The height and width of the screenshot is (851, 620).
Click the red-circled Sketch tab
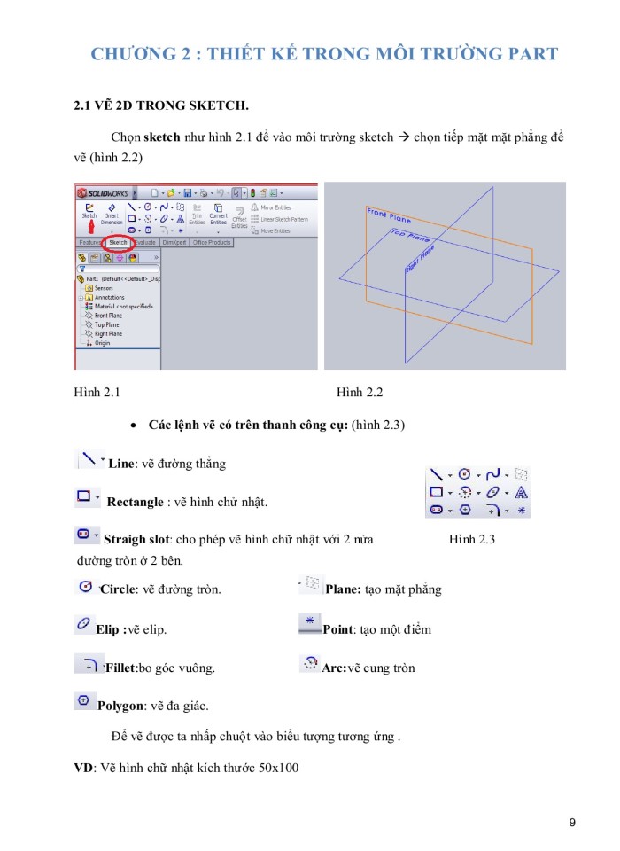pos(118,242)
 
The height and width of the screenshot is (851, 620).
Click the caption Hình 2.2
pos(360,392)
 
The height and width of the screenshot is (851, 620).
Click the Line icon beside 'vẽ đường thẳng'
pos(88,458)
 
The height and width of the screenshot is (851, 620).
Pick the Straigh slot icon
pos(84,535)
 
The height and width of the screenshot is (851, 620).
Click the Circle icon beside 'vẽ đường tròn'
pos(86,586)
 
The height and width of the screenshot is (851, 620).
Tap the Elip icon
pos(83,626)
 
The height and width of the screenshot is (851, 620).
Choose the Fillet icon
pos(87,664)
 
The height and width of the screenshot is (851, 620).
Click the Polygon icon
pos(83,702)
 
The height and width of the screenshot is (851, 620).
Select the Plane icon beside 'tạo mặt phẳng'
pos(311,584)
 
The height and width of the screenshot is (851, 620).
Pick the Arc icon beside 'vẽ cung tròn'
pos(310,663)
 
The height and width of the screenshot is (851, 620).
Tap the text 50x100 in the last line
pos(278,767)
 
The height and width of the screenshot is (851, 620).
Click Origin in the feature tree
pos(103,343)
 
